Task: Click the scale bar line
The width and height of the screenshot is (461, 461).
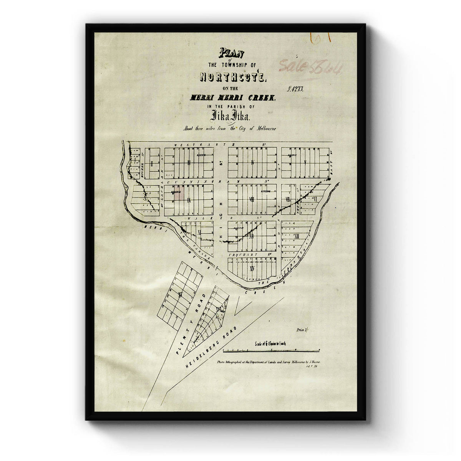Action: pyautogui.click(x=271, y=350)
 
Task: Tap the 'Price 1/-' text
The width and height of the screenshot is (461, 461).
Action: pyautogui.click(x=303, y=330)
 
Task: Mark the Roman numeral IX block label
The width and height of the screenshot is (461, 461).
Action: pyautogui.click(x=189, y=200)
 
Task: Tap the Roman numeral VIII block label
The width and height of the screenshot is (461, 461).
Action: pyautogui.click(x=252, y=199)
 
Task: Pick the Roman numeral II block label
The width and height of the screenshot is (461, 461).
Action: pyautogui.click(x=153, y=163)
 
